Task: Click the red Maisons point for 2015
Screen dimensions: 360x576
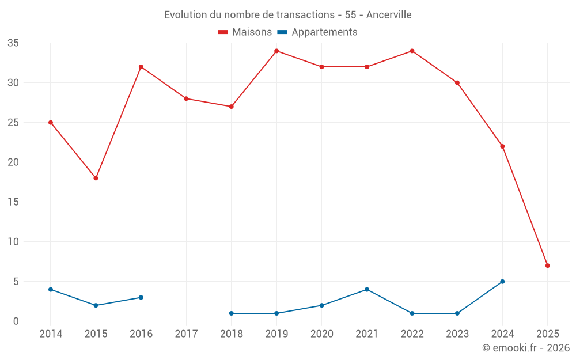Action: pyautogui.click(x=96, y=178)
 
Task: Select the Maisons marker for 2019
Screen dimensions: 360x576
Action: pyautogui.click(x=276, y=51)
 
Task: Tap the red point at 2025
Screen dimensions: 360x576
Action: pyautogui.click(x=548, y=266)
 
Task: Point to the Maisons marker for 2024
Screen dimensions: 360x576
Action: pyautogui.click(x=502, y=146)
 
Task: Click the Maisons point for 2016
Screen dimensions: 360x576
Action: pyautogui.click(x=141, y=67)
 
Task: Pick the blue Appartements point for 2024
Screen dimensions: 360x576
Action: pyautogui.click(x=502, y=282)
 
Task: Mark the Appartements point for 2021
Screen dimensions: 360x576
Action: pyautogui.click(x=367, y=290)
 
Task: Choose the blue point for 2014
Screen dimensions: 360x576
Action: pyautogui.click(x=51, y=290)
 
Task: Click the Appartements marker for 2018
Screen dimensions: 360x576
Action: pyautogui.click(x=232, y=313)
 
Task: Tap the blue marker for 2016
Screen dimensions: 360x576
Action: pyautogui.click(x=141, y=298)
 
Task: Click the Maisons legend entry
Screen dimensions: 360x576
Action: pyautogui.click(x=245, y=32)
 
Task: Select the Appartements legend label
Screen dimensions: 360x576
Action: pyautogui.click(x=324, y=32)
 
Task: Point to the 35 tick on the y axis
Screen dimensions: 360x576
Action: pyautogui.click(x=13, y=43)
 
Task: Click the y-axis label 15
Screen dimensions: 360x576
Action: pyautogui.click(x=13, y=202)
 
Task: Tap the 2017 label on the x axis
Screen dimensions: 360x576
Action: pyautogui.click(x=186, y=334)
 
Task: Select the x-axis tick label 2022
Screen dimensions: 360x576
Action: pyautogui.click(x=412, y=334)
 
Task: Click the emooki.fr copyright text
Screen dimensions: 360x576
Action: pyautogui.click(x=526, y=348)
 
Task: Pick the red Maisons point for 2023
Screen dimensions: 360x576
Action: pyautogui.click(x=457, y=83)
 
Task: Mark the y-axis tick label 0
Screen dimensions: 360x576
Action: pyautogui.click(x=16, y=321)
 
